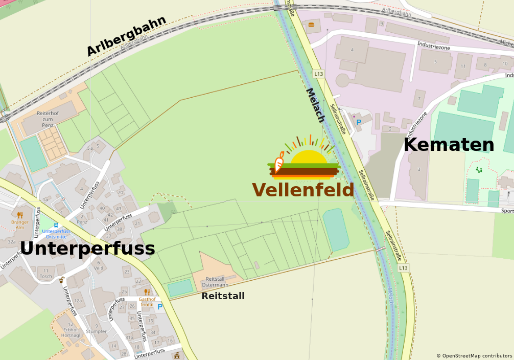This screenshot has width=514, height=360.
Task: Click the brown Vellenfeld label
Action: point(303,190)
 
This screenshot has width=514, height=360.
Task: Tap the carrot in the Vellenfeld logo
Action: point(279,163)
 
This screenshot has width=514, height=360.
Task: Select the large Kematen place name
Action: point(449,145)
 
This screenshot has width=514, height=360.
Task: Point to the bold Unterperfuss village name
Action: point(87,249)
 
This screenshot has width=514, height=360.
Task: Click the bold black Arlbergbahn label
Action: point(126,36)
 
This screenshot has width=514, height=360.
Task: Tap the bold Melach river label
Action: point(315,105)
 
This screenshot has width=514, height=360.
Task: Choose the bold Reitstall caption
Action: point(223,296)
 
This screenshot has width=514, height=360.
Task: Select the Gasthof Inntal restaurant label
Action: point(146,302)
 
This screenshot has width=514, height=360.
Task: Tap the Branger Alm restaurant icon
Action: point(20,215)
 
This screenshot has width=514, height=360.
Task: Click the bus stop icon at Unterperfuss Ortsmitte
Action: point(56,224)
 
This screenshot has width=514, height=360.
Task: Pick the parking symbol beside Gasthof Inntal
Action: point(160,307)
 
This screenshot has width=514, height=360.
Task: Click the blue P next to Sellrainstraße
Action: point(359,122)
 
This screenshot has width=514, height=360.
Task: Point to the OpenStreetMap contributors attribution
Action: point(474,355)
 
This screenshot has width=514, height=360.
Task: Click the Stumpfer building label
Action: point(96,331)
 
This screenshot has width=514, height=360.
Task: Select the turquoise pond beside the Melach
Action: point(336,229)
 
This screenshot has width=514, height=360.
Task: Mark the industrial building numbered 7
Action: point(419,98)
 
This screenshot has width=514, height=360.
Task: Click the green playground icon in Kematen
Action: point(479,169)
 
